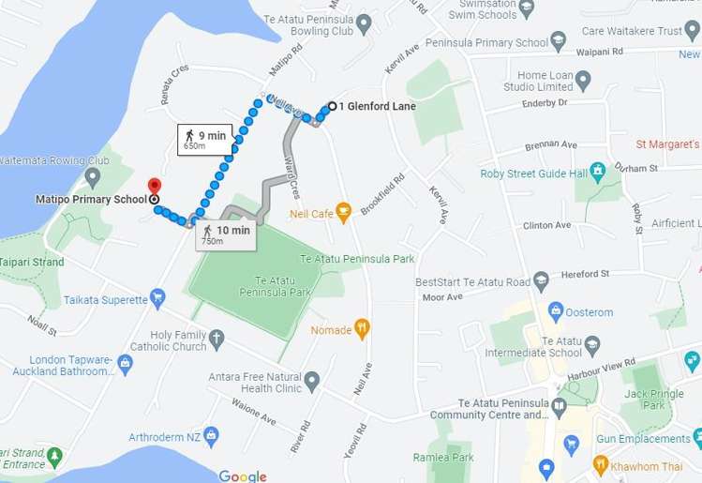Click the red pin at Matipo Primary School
154,187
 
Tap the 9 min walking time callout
203,141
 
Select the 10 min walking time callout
225,235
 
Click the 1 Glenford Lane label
377,106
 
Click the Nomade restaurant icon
363,329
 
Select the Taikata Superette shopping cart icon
157,299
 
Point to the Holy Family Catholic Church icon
217,339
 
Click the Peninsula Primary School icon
560,41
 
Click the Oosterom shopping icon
556,311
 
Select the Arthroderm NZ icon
211,435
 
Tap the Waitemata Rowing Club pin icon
92,175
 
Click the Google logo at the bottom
243,475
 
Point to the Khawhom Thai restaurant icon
601,464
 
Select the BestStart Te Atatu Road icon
541,280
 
